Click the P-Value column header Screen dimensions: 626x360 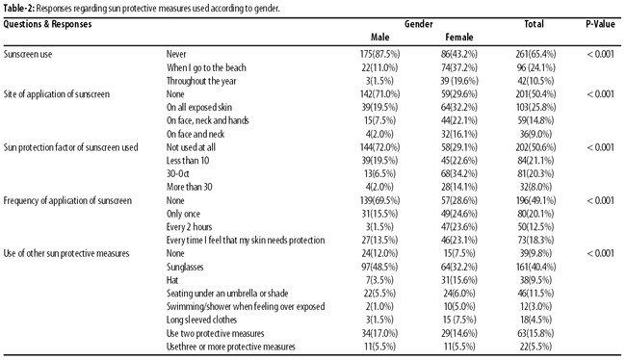click(x=600, y=24)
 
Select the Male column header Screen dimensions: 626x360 click(x=379, y=38)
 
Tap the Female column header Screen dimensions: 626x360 click(x=459, y=38)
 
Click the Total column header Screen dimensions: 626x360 click(x=534, y=24)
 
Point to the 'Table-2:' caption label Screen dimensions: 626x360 click(x=18, y=9)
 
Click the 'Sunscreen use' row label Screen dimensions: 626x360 click(x=28, y=54)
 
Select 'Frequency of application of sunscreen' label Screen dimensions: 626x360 click(x=67, y=200)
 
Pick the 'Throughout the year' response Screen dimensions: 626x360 click(x=201, y=81)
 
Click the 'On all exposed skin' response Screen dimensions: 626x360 click(x=198, y=108)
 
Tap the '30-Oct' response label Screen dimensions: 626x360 click(x=177, y=173)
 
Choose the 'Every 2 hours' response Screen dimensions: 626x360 click(x=189, y=227)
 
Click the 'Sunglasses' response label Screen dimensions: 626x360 click(x=185, y=267)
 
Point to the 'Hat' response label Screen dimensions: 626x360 click(x=172, y=280)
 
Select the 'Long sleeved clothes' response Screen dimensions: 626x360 click(x=201, y=321)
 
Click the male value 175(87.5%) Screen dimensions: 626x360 click(x=379, y=54)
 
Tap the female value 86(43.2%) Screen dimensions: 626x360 click(x=459, y=54)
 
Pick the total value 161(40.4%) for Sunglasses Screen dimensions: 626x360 click(x=535, y=267)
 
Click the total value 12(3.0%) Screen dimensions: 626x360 click(x=535, y=307)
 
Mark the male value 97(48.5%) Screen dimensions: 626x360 click(x=379, y=267)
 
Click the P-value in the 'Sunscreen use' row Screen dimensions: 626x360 click(x=600, y=54)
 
